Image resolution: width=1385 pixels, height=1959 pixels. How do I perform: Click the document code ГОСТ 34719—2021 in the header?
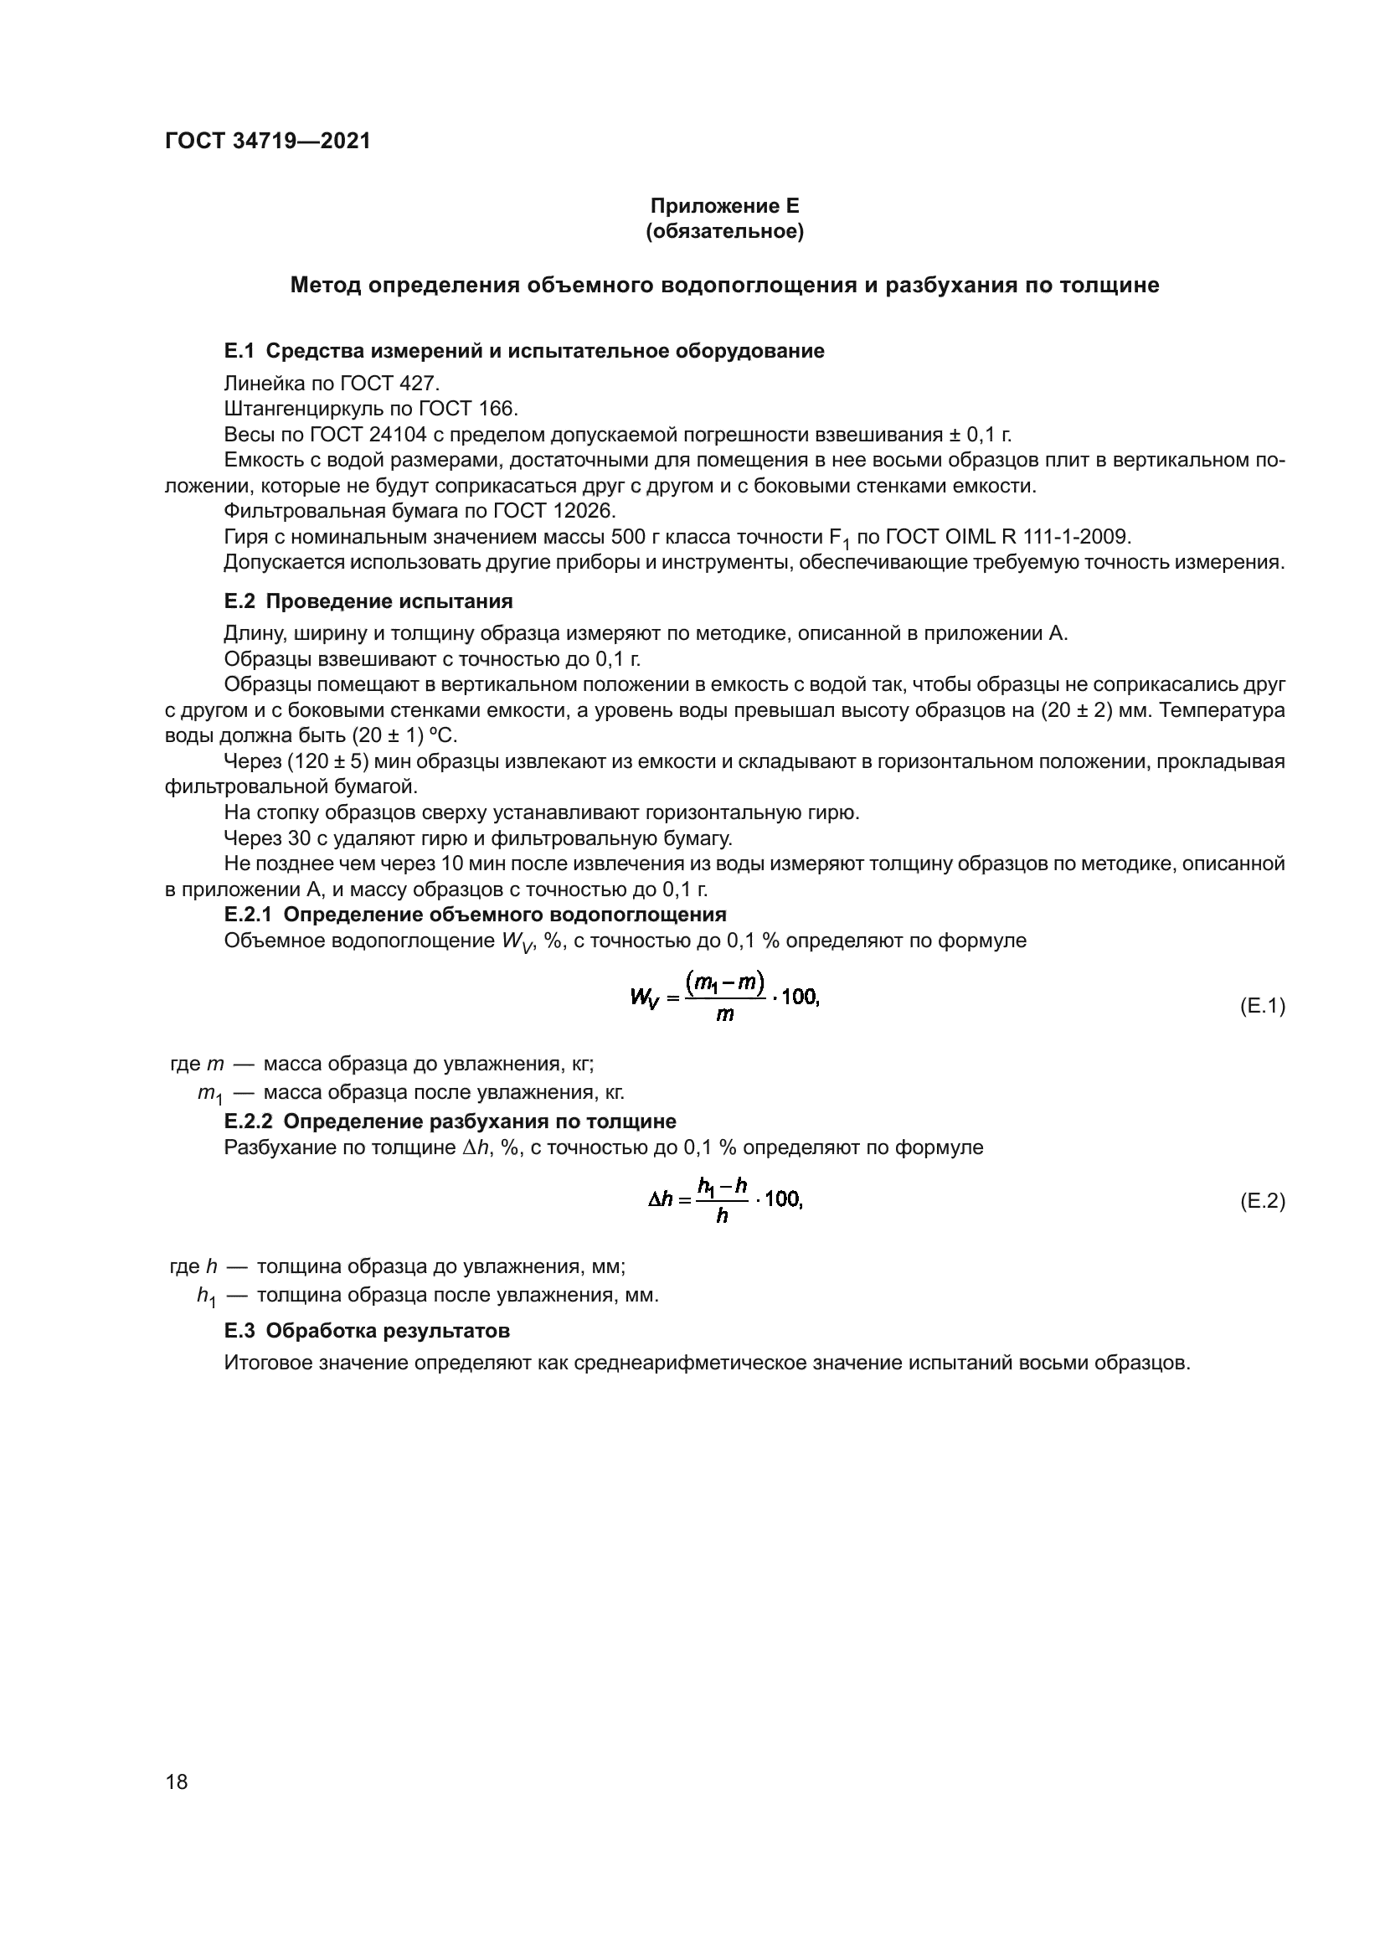268,141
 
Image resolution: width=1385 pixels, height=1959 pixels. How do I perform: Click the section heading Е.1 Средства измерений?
523,351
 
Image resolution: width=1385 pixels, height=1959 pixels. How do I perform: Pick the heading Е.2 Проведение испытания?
368,601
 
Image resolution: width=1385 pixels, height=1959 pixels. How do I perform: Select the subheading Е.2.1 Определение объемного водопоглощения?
475,915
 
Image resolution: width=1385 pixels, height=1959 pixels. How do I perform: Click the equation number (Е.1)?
1261,1006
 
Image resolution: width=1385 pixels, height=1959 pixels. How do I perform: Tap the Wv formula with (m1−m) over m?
724,997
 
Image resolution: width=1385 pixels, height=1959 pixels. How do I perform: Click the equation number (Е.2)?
1261,1201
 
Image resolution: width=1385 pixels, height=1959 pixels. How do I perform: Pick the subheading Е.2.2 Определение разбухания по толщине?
450,1121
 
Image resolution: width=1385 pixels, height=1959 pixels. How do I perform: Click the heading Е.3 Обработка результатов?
367,1330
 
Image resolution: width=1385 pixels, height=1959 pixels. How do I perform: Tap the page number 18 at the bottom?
177,1781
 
